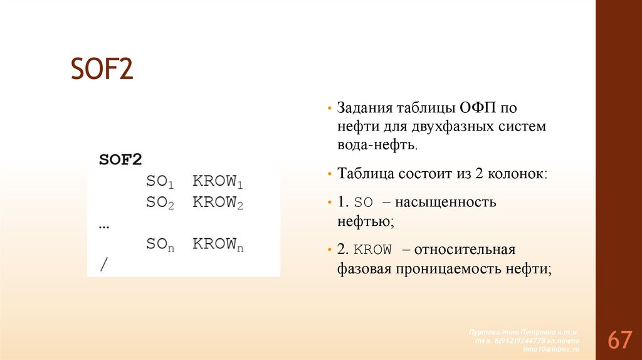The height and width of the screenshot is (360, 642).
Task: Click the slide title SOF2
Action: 102,69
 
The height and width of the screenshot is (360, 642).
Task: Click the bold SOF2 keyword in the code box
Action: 120,159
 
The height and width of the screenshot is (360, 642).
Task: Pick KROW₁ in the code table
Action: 218,183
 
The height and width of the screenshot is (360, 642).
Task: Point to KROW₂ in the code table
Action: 218,203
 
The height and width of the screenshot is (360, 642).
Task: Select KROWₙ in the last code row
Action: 218,245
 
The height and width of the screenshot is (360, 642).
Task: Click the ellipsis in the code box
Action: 104,225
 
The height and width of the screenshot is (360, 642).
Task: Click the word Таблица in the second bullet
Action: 366,174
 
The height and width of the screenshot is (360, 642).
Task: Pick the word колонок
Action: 517,174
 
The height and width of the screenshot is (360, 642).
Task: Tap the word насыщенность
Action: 453,203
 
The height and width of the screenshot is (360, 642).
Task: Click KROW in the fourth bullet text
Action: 373,250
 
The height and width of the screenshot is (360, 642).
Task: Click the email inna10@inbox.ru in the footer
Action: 552,349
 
